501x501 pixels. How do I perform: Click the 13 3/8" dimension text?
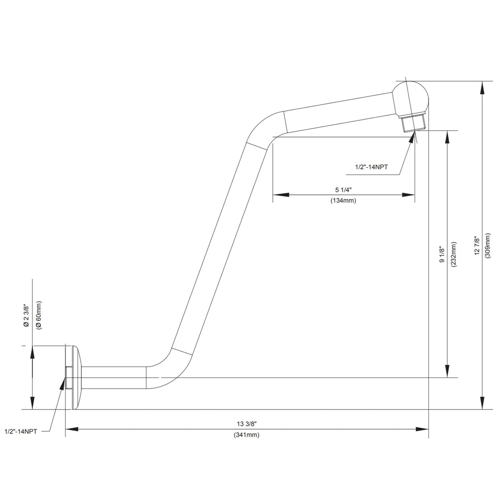click(x=247, y=424)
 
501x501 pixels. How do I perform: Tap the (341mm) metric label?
click(x=247, y=435)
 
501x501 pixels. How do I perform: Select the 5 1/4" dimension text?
click(x=343, y=189)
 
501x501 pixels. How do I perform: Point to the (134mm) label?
click(x=343, y=201)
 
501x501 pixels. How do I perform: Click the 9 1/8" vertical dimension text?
click(x=442, y=255)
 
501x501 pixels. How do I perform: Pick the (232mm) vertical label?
click(x=453, y=255)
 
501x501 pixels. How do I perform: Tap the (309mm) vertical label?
click(x=488, y=246)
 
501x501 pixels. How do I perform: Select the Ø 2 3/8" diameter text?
click(x=26, y=316)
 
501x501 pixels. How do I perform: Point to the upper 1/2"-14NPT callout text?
click(x=372, y=167)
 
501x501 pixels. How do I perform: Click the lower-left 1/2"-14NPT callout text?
click(x=21, y=431)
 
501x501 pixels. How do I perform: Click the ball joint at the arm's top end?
click(x=411, y=98)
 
